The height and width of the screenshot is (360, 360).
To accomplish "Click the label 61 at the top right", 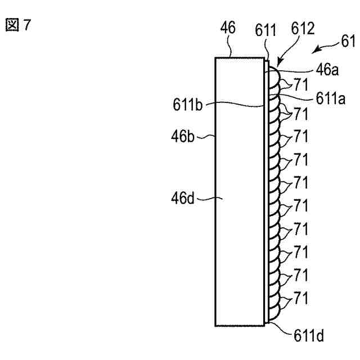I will pyautogui.click(x=349, y=40).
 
